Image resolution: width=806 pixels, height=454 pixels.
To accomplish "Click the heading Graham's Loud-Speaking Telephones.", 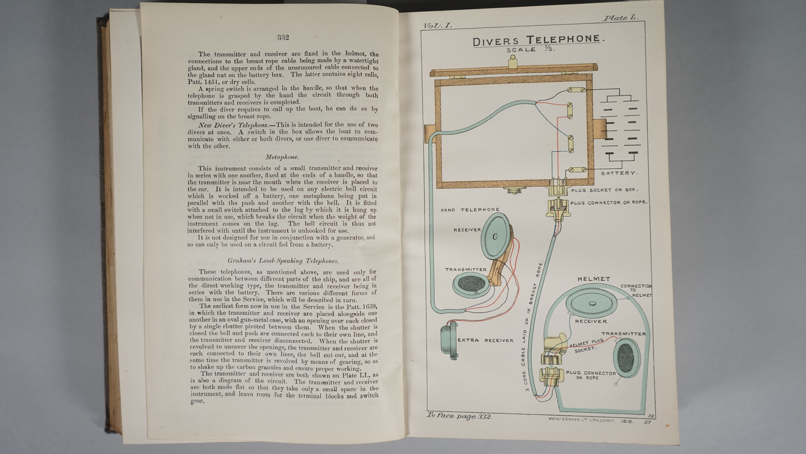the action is coord(283,261).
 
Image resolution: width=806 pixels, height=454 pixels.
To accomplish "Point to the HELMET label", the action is coord(594,279).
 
